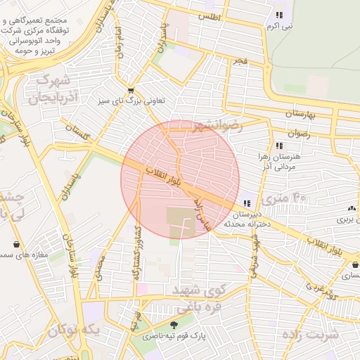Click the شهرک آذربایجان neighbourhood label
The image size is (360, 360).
[x=49, y=88]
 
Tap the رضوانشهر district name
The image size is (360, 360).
[x=218, y=126]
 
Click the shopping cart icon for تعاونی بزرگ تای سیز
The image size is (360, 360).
[x=131, y=91]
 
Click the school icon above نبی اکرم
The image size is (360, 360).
[x=278, y=14]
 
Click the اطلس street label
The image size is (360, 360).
[x=209, y=15]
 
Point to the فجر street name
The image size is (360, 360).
[x=241, y=63]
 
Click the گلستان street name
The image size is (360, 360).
[x=78, y=131]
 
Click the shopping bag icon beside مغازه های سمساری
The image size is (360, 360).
[x=16, y=244]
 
